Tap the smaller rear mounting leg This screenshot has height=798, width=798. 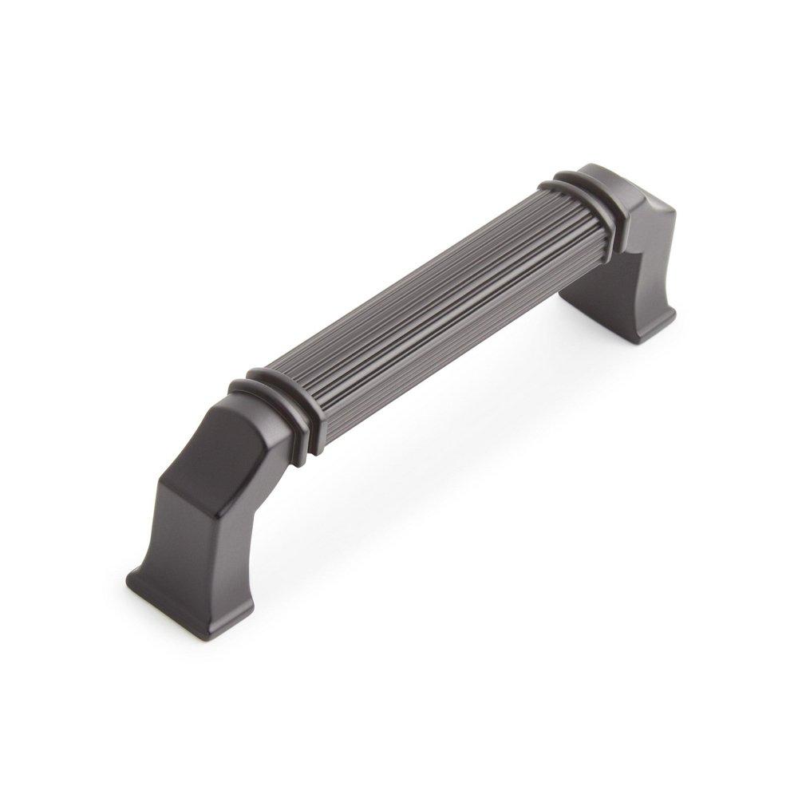[x=630, y=263]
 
